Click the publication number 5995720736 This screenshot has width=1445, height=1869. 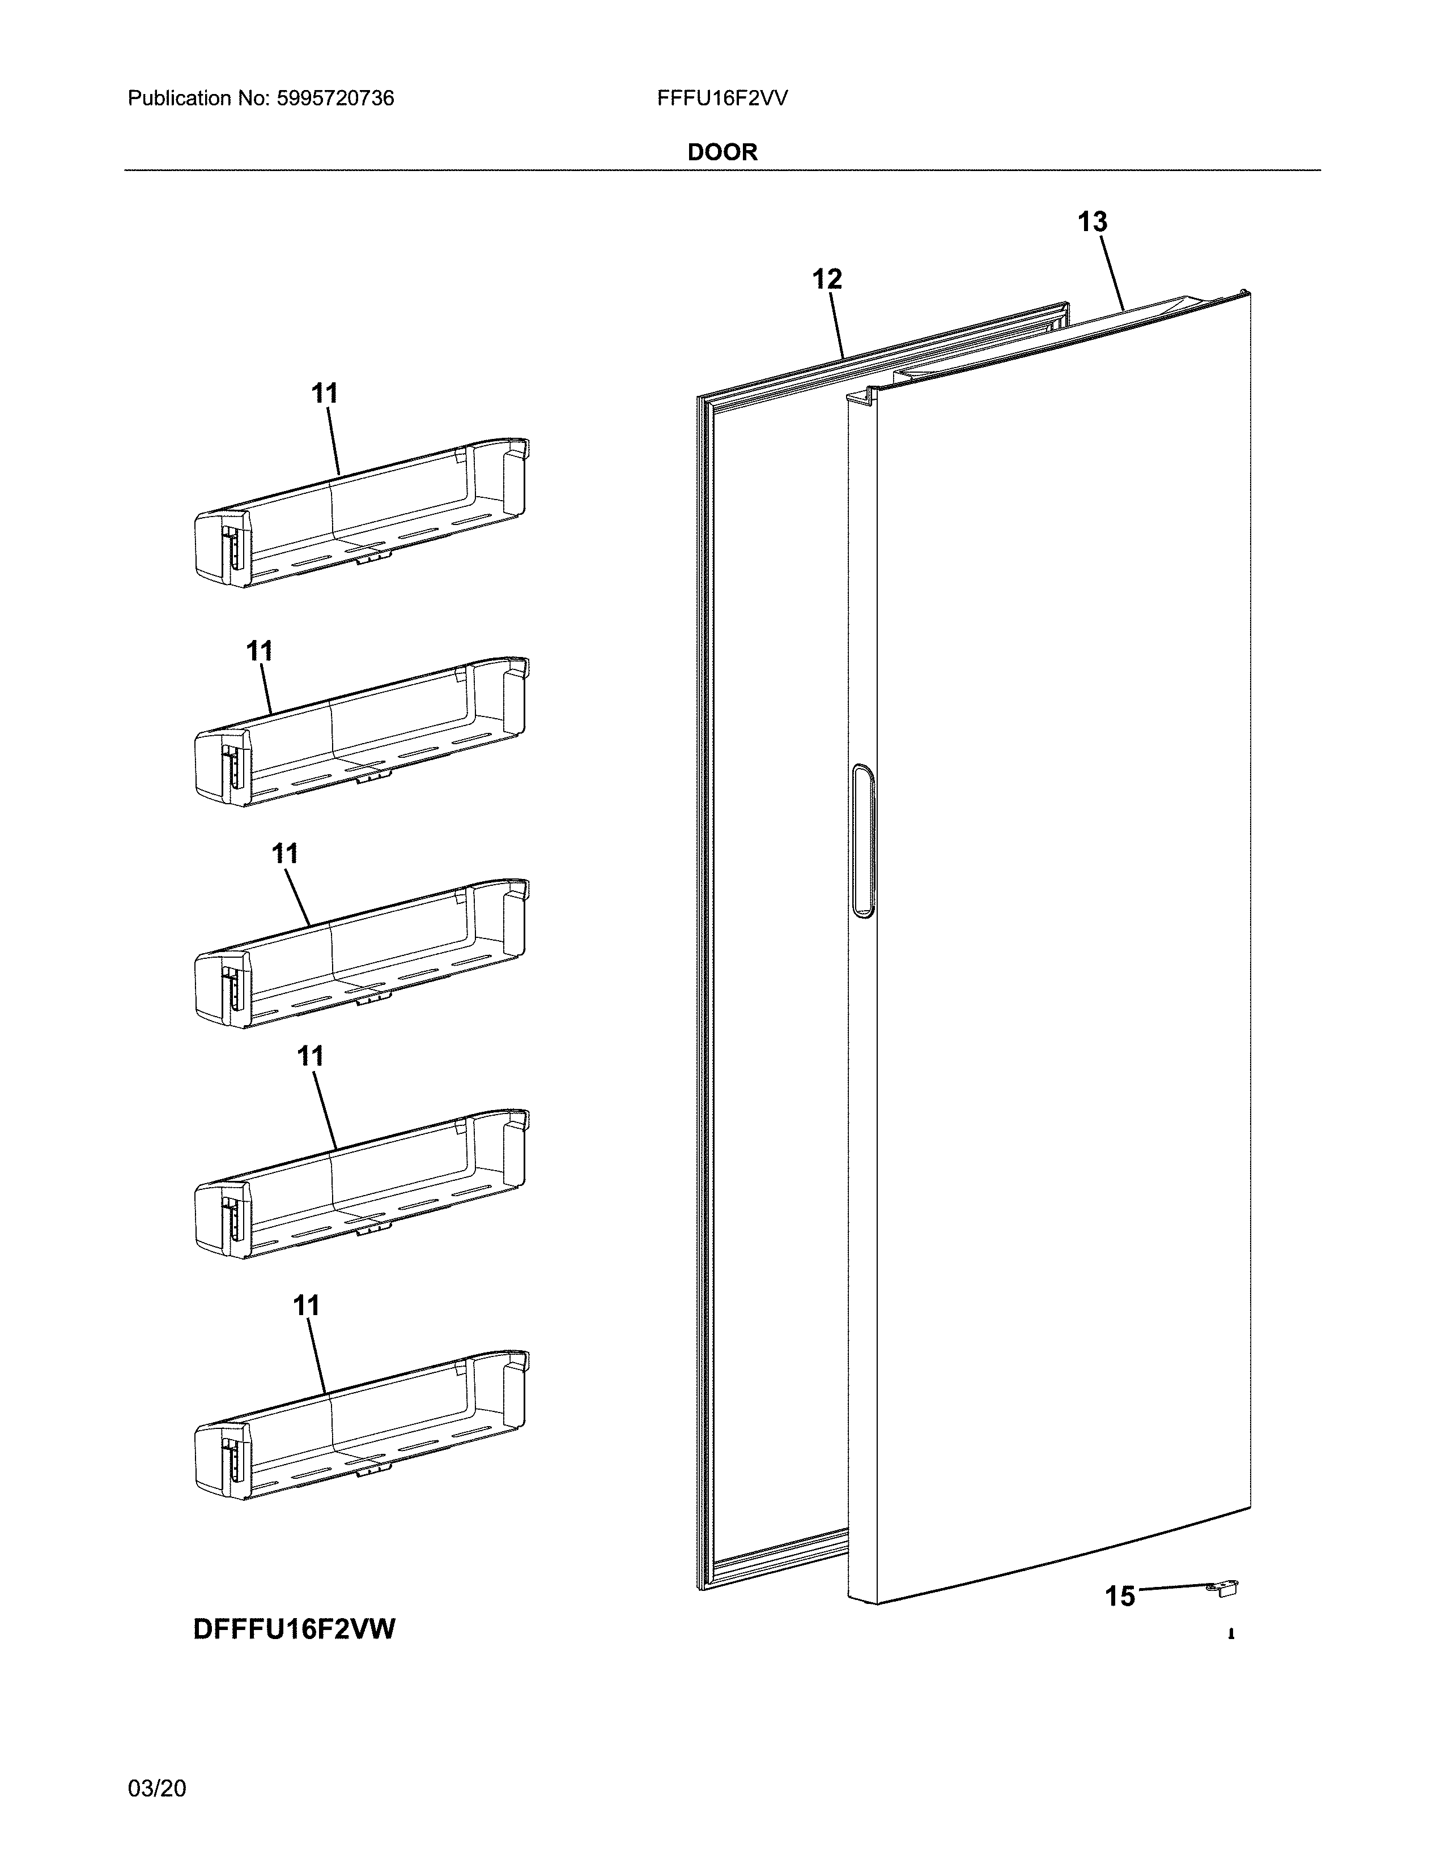click(x=335, y=99)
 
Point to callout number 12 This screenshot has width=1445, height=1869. click(x=826, y=279)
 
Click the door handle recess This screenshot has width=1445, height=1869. click(x=864, y=841)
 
